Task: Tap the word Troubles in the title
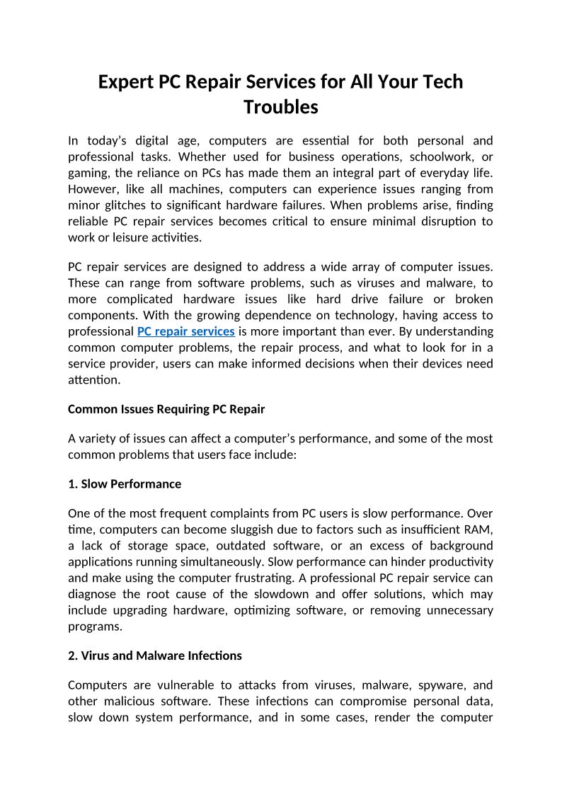point(281,108)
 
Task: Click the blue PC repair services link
point(186,331)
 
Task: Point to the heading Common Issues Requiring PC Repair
point(166,409)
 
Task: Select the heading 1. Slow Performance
point(125,484)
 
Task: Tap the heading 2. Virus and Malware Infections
point(155,656)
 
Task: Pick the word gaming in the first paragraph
point(86,173)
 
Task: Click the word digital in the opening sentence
point(159,140)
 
